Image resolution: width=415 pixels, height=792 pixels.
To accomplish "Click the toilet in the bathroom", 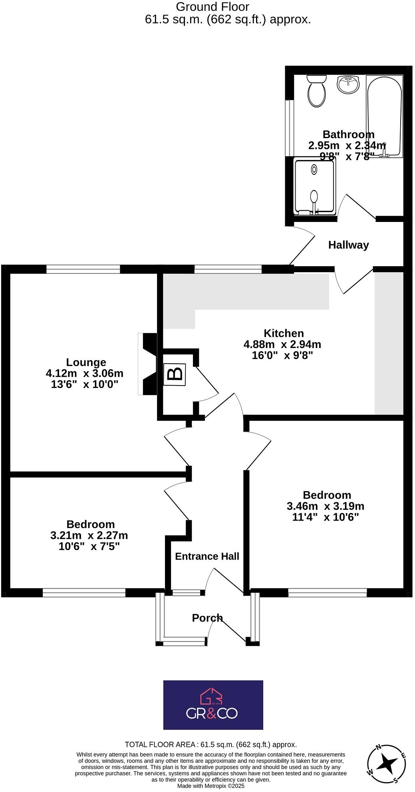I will pos(317,91).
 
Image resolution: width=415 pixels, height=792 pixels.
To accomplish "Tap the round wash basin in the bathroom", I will pos(348,84).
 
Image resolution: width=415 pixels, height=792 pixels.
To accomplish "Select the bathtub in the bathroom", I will pos(384,116).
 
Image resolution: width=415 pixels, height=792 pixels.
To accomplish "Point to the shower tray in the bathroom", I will pos(314,186).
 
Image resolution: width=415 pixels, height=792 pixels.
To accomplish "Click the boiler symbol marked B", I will pos(175,374).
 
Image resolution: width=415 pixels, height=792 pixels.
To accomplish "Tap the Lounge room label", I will pos(86,362).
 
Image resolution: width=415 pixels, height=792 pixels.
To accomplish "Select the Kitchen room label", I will pos(284,333).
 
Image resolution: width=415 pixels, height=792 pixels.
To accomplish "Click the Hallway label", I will pos(348,245).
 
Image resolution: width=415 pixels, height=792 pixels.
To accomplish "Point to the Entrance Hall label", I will pos(207,556).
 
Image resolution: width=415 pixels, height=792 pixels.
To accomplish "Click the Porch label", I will pos(207,618).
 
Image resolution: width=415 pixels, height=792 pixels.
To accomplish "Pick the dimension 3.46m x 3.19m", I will pos(325,506).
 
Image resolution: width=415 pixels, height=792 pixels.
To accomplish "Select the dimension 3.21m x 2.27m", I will pos(89,535).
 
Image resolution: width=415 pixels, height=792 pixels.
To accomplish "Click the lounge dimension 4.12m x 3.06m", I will pos(85,373).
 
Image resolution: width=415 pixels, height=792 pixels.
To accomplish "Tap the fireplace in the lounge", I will pos(148,364).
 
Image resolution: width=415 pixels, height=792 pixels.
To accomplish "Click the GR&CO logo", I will pos(213,705).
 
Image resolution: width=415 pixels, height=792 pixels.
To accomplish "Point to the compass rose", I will pos(387,763).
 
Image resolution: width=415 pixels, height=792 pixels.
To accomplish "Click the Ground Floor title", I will pos(212,7).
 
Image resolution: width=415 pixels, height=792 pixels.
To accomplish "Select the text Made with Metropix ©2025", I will pos(210,786).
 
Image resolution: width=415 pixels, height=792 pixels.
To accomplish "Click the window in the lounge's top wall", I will pos(83,269).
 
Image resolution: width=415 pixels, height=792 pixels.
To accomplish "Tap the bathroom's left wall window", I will pos(290,128).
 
